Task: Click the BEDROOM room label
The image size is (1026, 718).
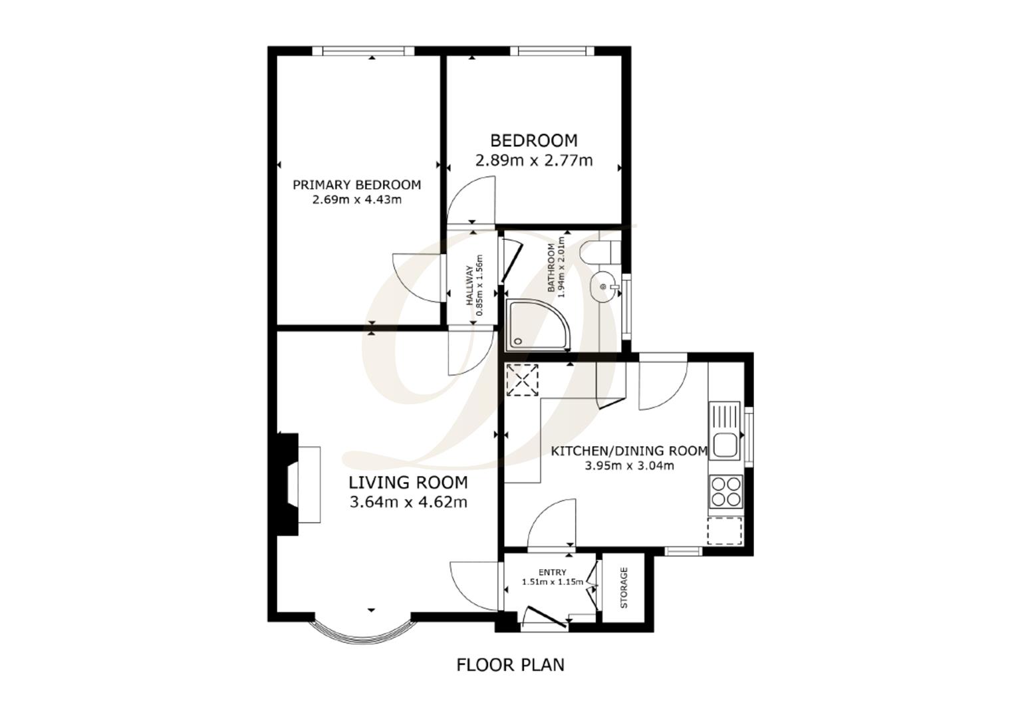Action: click(533, 140)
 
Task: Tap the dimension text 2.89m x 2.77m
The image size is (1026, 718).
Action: click(533, 160)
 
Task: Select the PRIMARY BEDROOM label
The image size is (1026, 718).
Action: click(356, 185)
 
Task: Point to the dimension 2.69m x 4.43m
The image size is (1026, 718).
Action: click(356, 199)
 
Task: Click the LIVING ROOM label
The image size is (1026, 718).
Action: click(408, 482)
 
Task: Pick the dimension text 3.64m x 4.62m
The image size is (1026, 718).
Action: click(408, 502)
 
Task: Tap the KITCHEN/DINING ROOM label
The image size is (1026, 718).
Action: click(629, 451)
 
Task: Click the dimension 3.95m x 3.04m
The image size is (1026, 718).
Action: click(629, 465)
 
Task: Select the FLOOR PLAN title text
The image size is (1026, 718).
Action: click(510, 664)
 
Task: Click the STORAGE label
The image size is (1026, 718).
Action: click(624, 588)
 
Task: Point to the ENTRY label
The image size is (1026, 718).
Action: click(553, 572)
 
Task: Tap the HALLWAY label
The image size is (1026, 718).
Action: click(469, 286)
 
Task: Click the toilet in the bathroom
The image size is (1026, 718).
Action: click(599, 252)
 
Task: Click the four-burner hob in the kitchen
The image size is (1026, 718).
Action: click(725, 492)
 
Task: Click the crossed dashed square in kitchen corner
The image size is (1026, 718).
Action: click(522, 380)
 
